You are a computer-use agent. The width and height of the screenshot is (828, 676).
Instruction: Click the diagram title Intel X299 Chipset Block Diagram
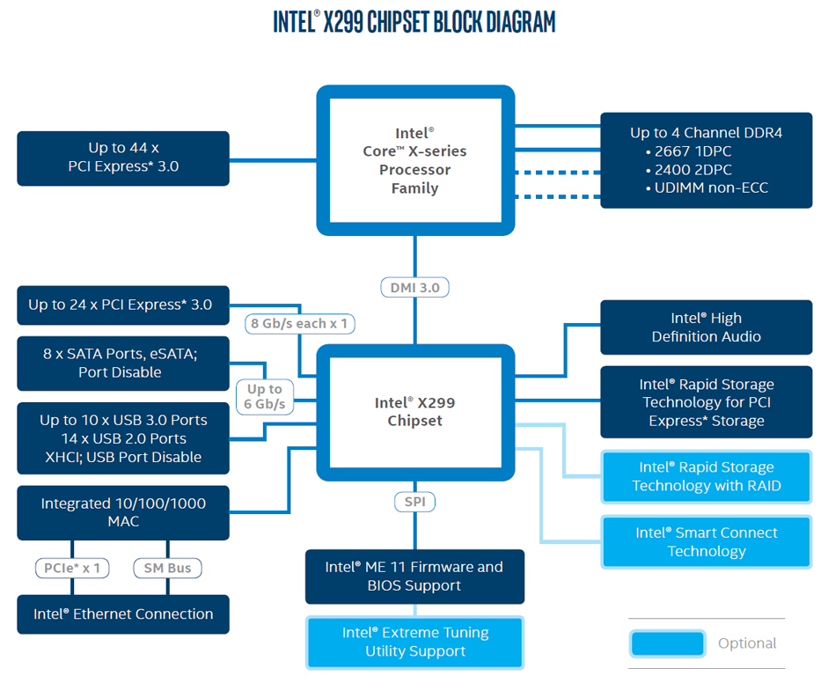tap(414, 22)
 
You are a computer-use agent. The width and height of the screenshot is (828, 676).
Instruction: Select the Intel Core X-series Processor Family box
tap(414, 160)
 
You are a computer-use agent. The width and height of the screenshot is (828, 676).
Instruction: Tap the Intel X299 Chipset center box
tap(414, 412)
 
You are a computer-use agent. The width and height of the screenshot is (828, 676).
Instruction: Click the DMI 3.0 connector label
tap(415, 288)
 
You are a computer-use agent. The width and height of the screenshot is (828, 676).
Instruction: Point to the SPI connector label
tap(414, 502)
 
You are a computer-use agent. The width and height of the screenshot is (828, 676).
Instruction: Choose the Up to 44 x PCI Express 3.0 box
tap(123, 158)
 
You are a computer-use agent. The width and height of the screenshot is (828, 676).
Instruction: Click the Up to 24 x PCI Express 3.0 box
tap(123, 305)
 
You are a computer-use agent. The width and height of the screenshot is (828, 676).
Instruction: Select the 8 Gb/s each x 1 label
tap(299, 324)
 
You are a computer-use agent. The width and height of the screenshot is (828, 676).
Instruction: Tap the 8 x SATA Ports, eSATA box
tap(123, 364)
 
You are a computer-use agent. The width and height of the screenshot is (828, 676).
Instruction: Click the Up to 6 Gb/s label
tap(265, 396)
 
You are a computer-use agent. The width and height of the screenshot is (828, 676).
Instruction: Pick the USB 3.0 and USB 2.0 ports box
tap(123, 438)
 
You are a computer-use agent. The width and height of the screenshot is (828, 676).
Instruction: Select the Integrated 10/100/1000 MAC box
tap(123, 512)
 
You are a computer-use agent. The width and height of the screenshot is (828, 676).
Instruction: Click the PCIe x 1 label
tap(72, 568)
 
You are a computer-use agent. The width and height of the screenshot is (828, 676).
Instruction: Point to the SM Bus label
tap(167, 568)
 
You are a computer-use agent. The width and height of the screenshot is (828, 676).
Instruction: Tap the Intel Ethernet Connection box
tap(123, 614)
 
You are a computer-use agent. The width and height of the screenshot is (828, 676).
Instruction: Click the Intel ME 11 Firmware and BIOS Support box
tap(414, 577)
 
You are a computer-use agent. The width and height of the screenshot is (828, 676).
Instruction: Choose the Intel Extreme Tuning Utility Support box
tap(414, 642)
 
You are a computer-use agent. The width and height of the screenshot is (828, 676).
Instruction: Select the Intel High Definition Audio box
tap(706, 327)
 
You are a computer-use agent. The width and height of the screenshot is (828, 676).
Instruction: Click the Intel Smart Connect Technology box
tap(706, 541)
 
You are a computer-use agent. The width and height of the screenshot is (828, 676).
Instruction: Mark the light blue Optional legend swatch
tap(667, 643)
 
